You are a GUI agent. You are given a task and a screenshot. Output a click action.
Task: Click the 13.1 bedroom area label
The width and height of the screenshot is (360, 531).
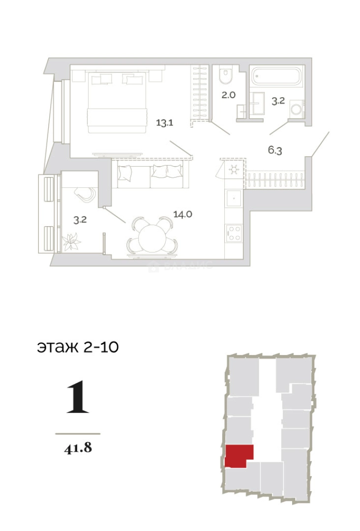tap(164, 123)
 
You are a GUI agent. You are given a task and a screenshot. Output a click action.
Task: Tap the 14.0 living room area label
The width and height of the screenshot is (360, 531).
tap(182, 214)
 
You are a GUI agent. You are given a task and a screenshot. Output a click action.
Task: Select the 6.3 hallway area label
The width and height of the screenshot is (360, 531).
tap(275, 150)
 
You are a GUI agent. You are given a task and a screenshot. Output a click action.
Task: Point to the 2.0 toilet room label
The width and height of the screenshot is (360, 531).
tap(228, 95)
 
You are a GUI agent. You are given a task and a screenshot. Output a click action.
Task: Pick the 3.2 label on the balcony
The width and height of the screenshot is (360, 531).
tap(80, 220)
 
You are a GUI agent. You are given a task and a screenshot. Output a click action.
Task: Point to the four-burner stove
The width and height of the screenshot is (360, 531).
tap(234, 232)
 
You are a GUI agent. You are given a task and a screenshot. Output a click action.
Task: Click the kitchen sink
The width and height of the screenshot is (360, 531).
tap(234, 199)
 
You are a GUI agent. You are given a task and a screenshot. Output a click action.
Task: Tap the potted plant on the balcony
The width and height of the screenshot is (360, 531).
tap(72, 241)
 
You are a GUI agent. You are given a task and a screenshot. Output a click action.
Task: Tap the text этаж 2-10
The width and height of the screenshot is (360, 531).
tap(78, 347)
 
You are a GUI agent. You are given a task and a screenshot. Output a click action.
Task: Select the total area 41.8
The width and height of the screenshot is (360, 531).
tap(78, 448)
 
